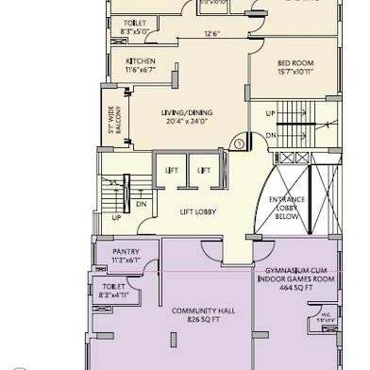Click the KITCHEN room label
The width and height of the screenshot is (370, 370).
coord(140,61)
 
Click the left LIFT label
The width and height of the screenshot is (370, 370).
coord(171,170)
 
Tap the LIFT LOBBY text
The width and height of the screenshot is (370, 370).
coord(198,212)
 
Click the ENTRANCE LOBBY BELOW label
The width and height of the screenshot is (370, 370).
coord(287,209)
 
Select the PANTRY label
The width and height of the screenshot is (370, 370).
coord(126,251)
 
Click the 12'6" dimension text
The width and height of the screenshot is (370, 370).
coord(213,36)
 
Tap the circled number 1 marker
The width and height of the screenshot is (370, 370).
coord(240,143)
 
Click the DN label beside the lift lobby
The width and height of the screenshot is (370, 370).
coord(140,204)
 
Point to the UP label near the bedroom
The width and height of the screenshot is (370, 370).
coord(270,114)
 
